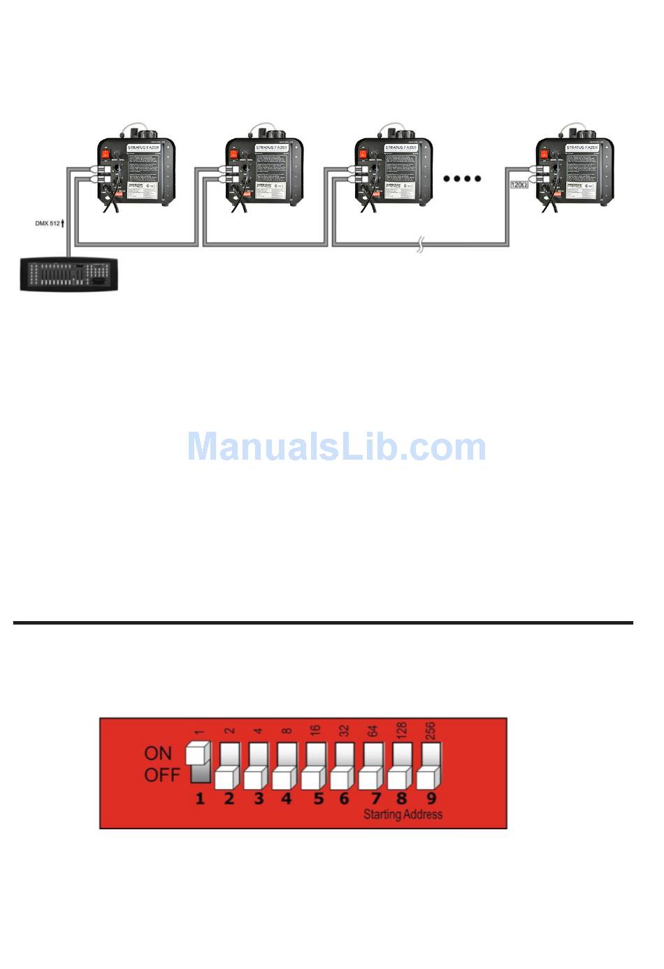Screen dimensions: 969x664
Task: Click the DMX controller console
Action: (70, 274)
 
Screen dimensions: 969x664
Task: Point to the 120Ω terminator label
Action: (518, 184)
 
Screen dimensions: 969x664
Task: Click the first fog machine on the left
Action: (136, 170)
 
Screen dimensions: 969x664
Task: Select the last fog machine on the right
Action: (575, 170)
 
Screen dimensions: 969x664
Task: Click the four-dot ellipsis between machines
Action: (462, 178)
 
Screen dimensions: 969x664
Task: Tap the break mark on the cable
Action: (420, 245)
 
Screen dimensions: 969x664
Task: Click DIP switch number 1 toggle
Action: (199, 762)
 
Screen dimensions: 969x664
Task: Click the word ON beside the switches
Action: (158, 753)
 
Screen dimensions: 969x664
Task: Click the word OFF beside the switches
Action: (161, 775)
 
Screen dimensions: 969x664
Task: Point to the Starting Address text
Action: (403, 815)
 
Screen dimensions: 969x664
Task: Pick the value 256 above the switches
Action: (431, 731)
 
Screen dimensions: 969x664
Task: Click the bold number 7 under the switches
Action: (375, 798)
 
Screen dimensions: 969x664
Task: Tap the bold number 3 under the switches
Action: (258, 798)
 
